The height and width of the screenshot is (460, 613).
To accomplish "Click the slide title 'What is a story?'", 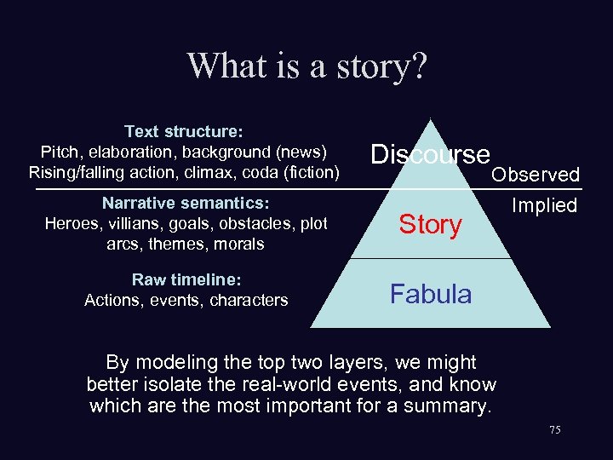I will (x=306, y=66).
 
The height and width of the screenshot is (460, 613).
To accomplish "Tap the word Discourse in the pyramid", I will (x=431, y=154).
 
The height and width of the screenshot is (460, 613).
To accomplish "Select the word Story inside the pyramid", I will (x=431, y=225).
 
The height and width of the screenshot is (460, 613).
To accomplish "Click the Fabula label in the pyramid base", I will (x=431, y=294).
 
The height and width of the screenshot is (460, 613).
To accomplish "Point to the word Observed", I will (x=536, y=175).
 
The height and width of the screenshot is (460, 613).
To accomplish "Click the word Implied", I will (x=544, y=205).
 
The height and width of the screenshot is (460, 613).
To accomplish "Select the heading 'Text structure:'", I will (x=184, y=132).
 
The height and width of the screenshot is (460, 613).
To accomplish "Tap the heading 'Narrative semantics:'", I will (x=186, y=204).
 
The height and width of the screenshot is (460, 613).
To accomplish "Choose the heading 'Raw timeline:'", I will (x=186, y=280).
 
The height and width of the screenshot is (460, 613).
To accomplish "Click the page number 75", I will (x=555, y=431).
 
